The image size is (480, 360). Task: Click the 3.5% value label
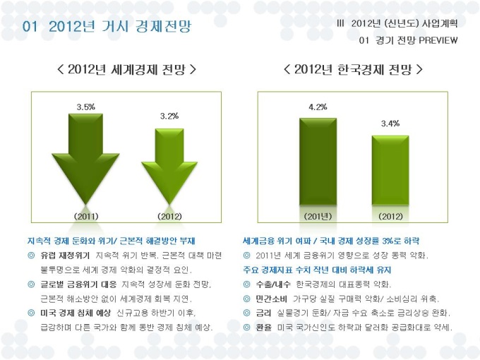(86, 107)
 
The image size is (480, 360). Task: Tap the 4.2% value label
(318, 107)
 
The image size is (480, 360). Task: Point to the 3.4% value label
(390, 124)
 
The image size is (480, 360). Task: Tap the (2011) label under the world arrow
(86, 216)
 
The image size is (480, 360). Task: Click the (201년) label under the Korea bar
(318, 216)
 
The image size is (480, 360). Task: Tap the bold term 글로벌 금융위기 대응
(78, 284)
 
